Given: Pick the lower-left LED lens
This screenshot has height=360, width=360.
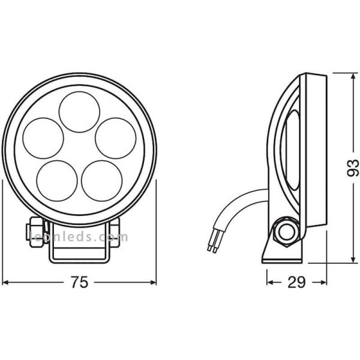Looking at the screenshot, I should click(58, 180).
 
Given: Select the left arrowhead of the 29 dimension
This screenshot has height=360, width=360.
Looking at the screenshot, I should click(269, 281).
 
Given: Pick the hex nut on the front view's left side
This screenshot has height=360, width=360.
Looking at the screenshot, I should click(30, 230).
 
